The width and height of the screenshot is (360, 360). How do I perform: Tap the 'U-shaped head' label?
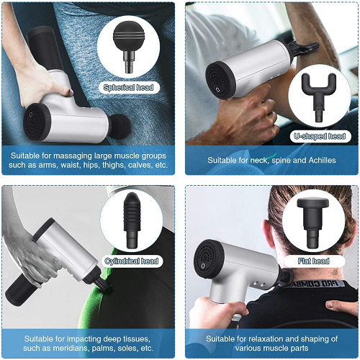coord(319,135)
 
